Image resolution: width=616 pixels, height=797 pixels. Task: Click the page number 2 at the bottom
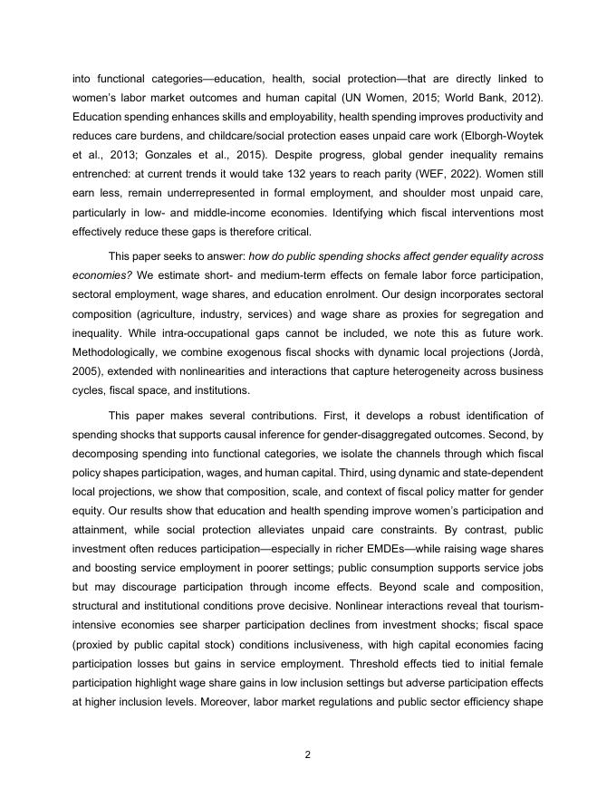coord(308,754)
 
